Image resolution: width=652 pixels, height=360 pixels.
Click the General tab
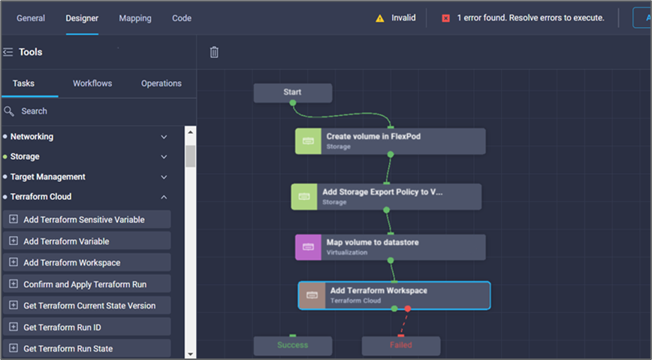coord(31,18)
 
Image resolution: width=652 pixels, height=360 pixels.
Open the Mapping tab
coord(135,18)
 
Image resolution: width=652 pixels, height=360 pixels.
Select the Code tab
coord(182,18)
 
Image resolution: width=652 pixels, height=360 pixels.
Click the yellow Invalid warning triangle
coord(380,18)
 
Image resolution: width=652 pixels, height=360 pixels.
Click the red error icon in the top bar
coord(445,18)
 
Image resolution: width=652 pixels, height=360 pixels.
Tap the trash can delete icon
coord(214,52)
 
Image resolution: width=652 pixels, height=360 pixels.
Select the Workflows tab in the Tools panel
coord(92,83)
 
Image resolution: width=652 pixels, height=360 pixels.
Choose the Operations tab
coord(161,83)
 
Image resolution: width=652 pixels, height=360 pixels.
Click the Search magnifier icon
coord(9,111)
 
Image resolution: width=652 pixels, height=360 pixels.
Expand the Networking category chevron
coord(164,137)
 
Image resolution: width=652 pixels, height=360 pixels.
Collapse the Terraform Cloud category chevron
coord(164,197)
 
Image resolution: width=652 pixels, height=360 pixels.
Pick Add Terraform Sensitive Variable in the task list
coord(84,219)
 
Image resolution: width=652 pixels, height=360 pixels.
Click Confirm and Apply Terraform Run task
coord(85,284)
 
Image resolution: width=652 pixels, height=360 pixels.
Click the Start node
coord(292,92)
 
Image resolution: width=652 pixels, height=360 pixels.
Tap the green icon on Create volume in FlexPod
coord(308,141)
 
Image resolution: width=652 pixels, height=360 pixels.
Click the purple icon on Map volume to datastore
coord(308,247)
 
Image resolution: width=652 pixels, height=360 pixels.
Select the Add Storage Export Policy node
coord(386,196)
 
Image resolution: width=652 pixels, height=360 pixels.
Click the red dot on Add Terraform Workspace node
coord(407,308)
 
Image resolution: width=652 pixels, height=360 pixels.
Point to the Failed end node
coord(400,346)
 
